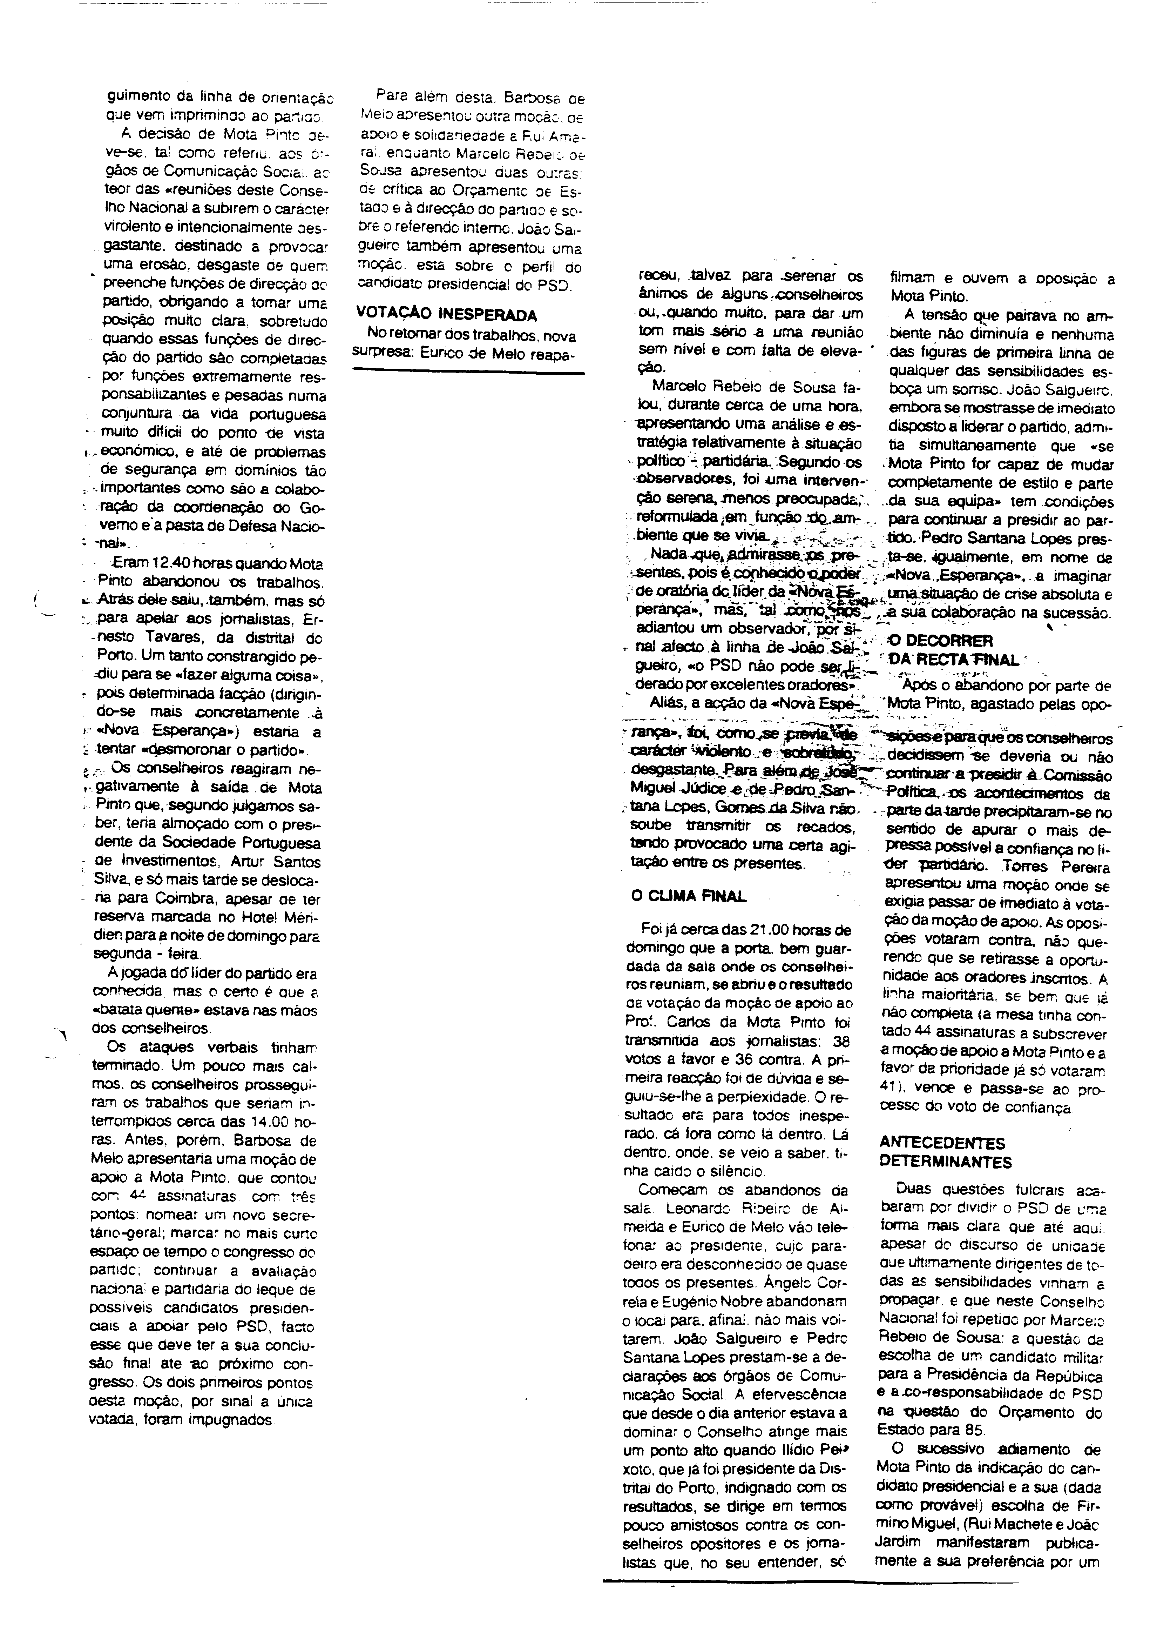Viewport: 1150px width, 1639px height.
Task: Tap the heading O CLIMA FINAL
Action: point(688,896)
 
